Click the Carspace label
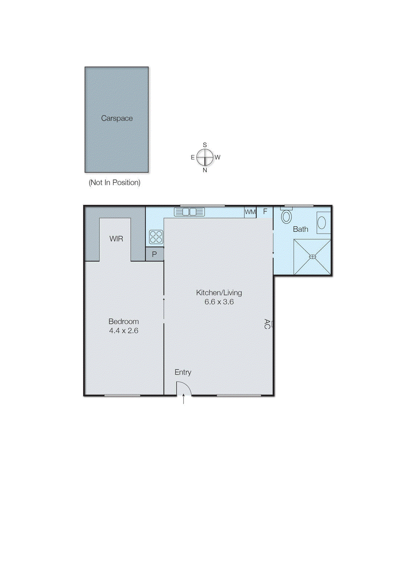tap(117, 118)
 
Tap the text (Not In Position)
tap(114, 182)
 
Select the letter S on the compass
tap(205, 145)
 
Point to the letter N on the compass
tap(205, 170)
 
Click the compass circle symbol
tap(205, 157)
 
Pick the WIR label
tap(116, 239)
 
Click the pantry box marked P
tap(155, 254)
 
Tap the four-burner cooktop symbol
tap(156, 237)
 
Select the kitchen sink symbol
tap(189, 212)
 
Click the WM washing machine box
tap(250, 212)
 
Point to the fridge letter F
tap(265, 211)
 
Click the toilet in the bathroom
tap(286, 216)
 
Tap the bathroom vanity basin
tap(322, 222)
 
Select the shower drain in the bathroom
tap(312, 257)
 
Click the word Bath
tap(300, 229)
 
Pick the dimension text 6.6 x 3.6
tap(219, 302)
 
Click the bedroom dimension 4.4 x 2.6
tap(123, 331)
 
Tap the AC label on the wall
tap(267, 324)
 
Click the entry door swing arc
tap(184, 388)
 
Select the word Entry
tap(182, 372)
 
